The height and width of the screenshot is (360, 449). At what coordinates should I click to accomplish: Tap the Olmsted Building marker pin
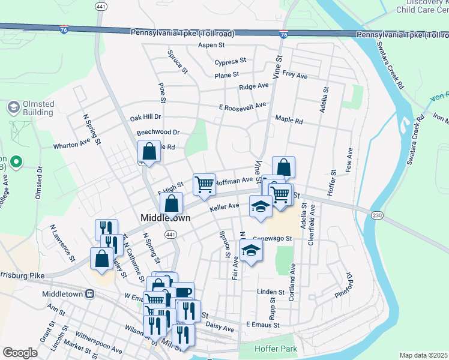(x=13, y=107)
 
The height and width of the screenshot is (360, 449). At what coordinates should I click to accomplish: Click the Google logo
(x=20, y=353)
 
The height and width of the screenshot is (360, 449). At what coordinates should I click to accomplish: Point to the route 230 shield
(x=377, y=215)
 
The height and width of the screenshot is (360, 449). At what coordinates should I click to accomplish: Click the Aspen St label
(x=211, y=45)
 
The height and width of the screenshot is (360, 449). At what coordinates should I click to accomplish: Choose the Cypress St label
(x=231, y=61)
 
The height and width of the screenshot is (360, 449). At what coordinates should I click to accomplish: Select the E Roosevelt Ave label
(x=243, y=106)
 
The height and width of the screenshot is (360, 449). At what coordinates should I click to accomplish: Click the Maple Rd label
(x=289, y=120)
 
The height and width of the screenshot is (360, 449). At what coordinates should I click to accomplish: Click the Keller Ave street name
(x=224, y=208)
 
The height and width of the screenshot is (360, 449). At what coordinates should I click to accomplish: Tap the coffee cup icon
(x=183, y=293)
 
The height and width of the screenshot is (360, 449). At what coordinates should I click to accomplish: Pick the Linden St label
(x=265, y=292)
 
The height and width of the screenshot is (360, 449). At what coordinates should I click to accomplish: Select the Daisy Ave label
(x=220, y=328)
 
